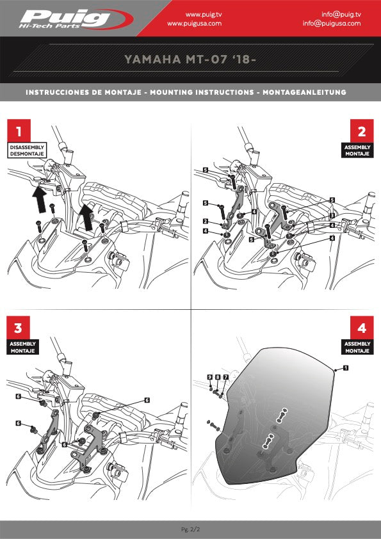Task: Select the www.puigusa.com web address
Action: point(194,23)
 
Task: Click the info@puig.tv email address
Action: point(341,13)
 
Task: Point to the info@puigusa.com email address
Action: point(332,23)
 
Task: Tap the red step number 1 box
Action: point(19,131)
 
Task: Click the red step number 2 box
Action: point(362,131)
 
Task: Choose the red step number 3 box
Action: point(19,328)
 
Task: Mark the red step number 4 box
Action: point(362,328)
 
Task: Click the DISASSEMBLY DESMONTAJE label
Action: point(26,150)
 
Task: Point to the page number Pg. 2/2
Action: point(190,529)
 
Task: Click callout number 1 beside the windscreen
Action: point(346,368)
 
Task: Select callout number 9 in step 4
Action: point(209,378)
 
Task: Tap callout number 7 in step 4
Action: point(225,378)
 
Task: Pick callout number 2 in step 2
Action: point(205,221)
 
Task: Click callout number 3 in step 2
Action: point(332,216)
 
